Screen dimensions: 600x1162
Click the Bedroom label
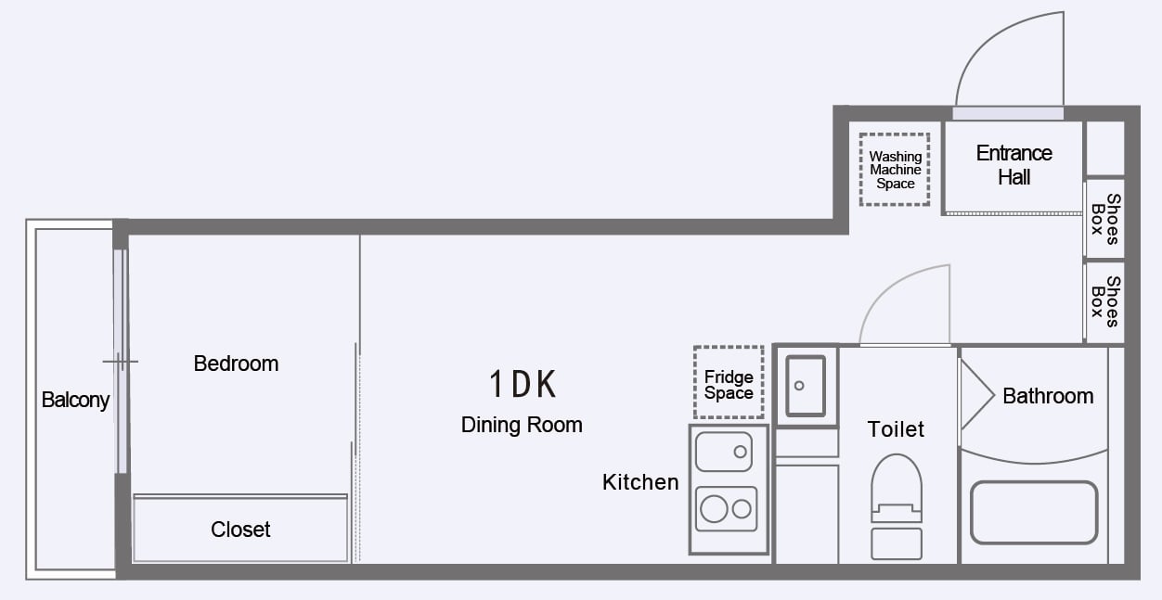tap(236, 364)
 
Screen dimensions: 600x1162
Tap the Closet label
tap(240, 530)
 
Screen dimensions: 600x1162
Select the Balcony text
tap(75, 401)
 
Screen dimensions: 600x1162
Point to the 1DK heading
tap(523, 384)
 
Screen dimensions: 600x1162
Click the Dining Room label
tap(522, 425)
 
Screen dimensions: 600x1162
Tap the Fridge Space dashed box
tap(729, 383)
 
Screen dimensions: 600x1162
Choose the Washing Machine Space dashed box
tap(895, 170)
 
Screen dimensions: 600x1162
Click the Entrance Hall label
tap(1014, 165)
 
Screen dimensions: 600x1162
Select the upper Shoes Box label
tap(1104, 219)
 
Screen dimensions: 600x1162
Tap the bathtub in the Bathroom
tap(1033, 512)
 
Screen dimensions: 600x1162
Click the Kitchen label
tap(640, 482)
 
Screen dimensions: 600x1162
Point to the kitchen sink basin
tap(724, 452)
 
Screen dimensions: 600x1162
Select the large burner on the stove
tap(714, 509)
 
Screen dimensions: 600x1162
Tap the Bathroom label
tap(1048, 396)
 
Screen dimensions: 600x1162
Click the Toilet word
tap(896, 429)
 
